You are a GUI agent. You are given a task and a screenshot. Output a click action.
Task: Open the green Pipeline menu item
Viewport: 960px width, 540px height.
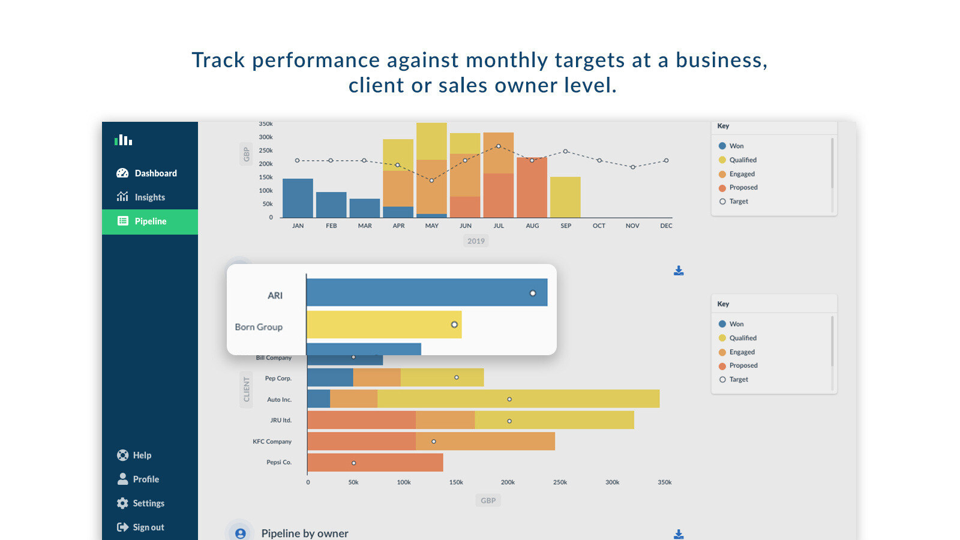(x=150, y=221)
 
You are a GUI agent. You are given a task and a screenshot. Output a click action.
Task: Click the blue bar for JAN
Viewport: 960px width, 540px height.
(x=298, y=198)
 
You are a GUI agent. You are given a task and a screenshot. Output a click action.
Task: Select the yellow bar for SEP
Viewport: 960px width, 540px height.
(x=565, y=197)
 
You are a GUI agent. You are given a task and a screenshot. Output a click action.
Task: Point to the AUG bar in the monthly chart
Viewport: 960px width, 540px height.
(x=532, y=187)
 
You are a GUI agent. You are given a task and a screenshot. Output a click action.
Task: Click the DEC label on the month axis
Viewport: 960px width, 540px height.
(x=666, y=226)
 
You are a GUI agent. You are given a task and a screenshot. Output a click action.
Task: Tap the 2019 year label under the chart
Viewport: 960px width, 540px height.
(x=476, y=241)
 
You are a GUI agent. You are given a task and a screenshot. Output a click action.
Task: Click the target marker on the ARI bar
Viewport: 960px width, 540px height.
(x=533, y=293)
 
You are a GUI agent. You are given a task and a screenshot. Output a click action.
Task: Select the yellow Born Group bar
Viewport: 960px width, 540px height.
(x=384, y=325)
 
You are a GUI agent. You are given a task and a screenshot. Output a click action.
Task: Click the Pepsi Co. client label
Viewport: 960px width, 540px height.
(x=278, y=463)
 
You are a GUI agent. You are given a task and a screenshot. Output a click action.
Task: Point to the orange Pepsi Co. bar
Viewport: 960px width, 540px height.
(x=375, y=463)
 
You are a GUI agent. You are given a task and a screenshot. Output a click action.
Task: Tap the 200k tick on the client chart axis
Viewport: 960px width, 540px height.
(x=508, y=482)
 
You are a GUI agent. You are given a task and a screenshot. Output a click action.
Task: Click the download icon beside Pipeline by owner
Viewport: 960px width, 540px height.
(x=679, y=534)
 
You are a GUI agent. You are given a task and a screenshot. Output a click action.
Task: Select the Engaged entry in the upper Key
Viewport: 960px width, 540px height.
(x=742, y=174)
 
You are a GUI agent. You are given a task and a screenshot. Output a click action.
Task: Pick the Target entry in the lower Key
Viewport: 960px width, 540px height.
(x=738, y=380)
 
